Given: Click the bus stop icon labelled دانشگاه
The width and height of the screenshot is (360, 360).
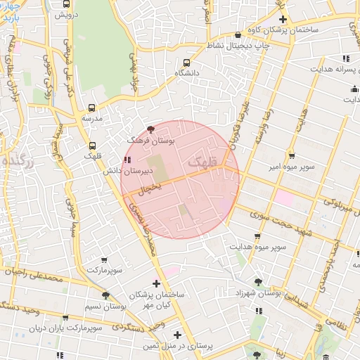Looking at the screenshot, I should point(186,61).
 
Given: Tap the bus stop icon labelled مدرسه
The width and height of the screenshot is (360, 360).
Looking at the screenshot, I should point(92,108).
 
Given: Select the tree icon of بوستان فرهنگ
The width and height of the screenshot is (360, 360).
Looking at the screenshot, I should point(151,129).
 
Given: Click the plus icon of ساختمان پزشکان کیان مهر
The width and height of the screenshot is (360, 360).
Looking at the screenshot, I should point(156,283).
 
